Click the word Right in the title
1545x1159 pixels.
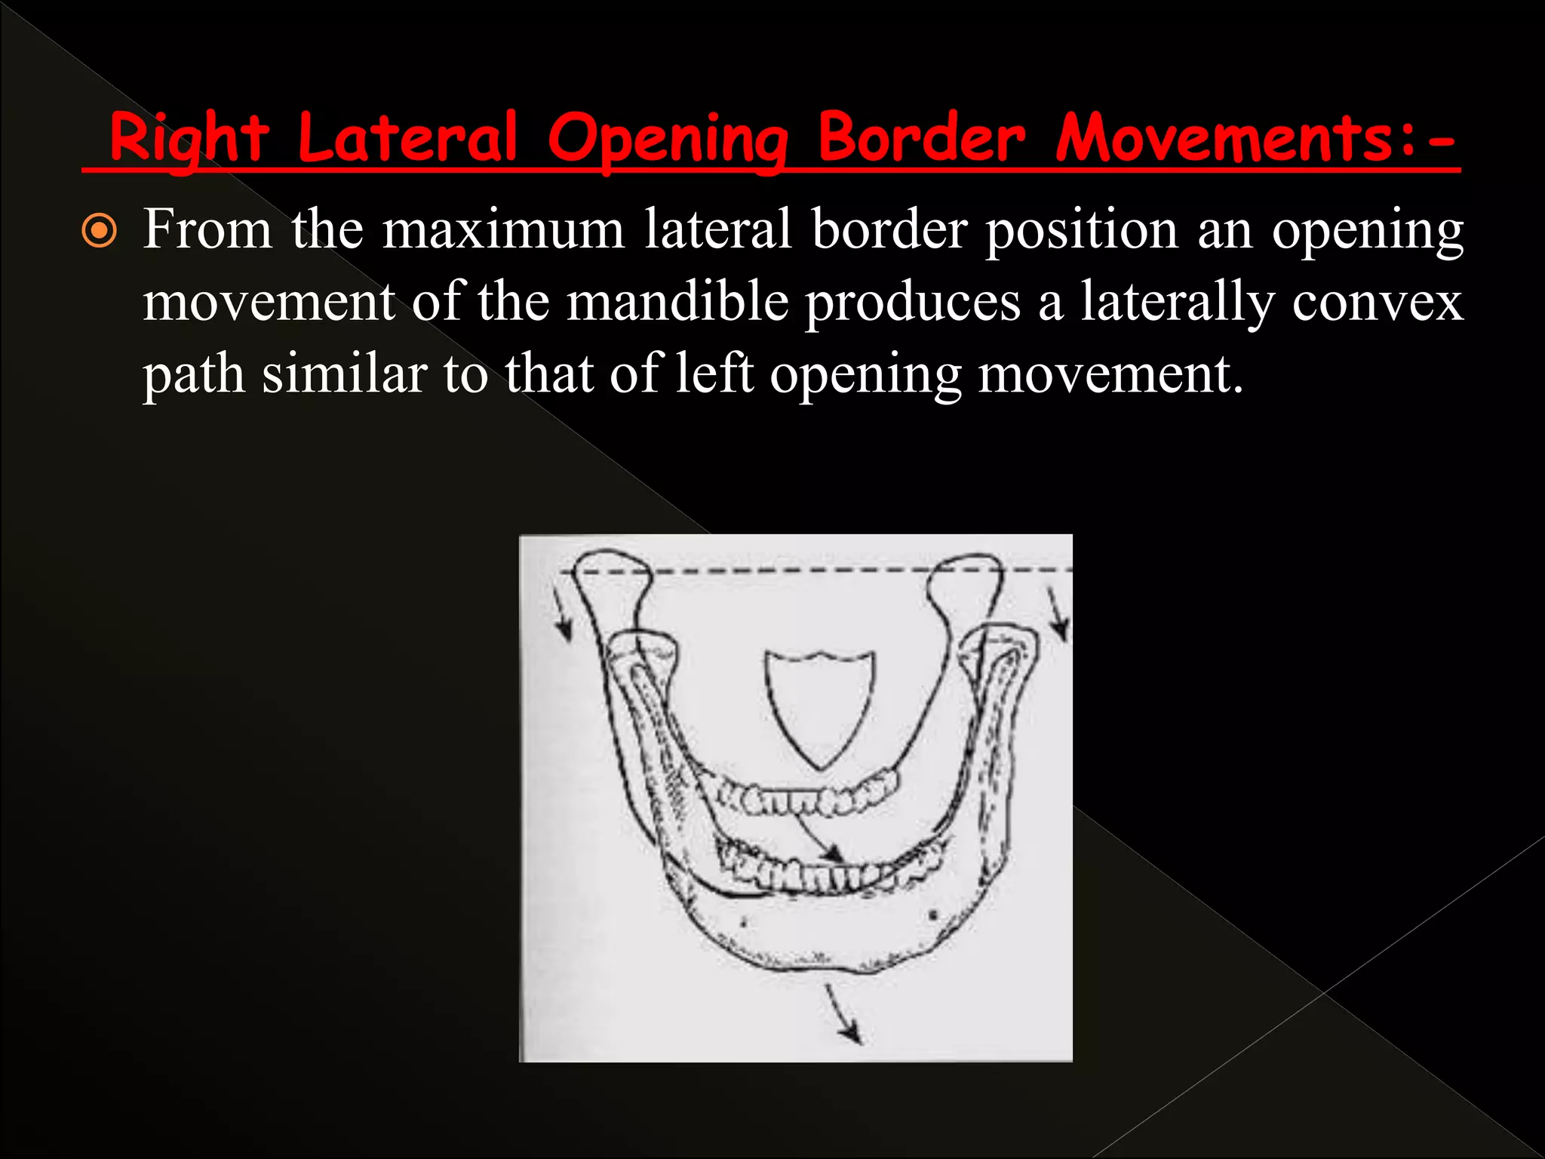click(x=189, y=139)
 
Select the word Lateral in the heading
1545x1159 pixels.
click(x=407, y=137)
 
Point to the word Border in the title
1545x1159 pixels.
click(x=921, y=137)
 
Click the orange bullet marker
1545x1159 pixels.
click(x=100, y=232)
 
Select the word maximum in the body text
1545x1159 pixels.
click(x=503, y=229)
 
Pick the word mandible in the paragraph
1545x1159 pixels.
click(x=677, y=302)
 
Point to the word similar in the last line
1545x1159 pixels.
click(x=344, y=374)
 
